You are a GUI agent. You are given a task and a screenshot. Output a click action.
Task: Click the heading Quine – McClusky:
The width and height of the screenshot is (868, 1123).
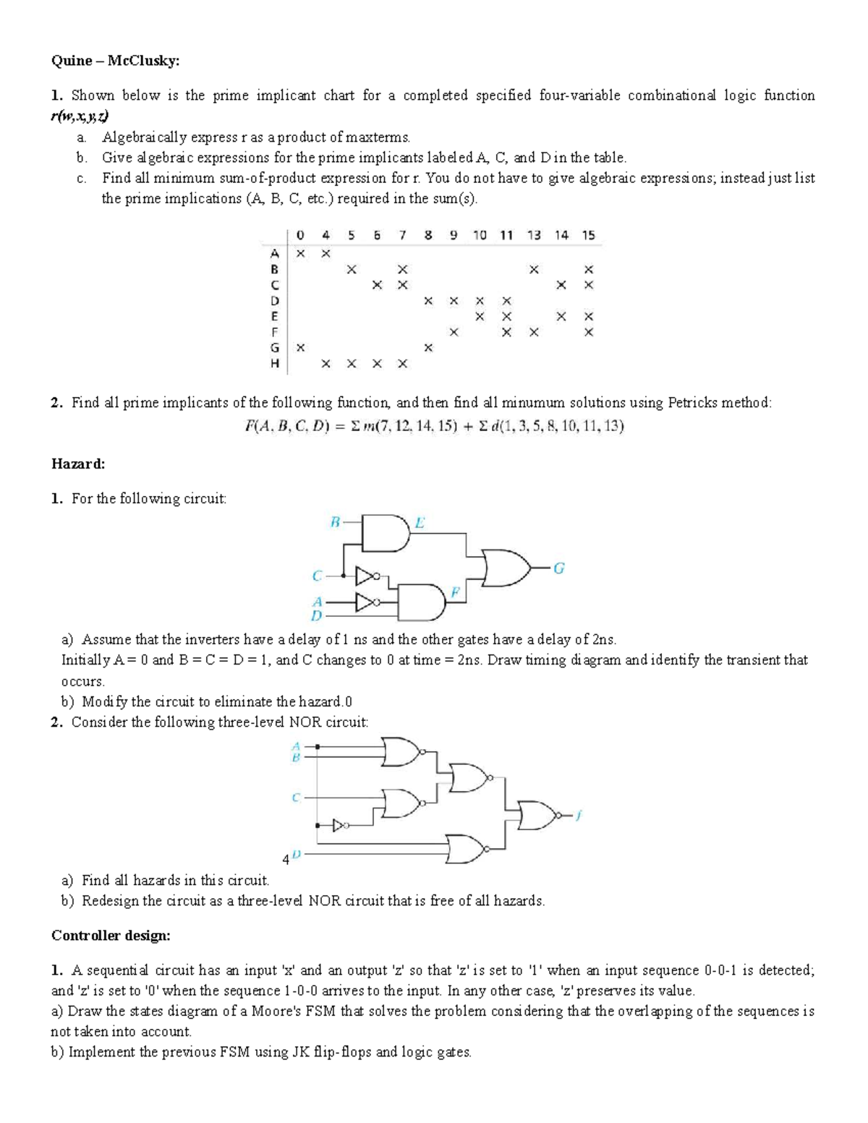point(114,61)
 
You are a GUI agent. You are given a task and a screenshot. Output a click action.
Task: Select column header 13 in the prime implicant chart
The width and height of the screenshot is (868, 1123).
point(534,235)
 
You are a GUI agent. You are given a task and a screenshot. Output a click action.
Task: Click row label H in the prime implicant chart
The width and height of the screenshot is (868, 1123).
point(274,364)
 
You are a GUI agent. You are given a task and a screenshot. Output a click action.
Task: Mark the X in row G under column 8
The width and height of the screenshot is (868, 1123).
point(428,348)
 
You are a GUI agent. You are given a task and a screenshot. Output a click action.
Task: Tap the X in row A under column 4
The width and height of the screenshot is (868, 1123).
point(325,253)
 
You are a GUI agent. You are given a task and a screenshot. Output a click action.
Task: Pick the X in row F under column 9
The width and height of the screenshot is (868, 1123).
point(454,332)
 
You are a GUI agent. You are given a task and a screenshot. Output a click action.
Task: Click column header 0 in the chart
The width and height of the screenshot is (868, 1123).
point(300,235)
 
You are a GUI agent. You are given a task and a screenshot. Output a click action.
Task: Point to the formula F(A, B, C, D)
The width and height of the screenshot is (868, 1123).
point(434,426)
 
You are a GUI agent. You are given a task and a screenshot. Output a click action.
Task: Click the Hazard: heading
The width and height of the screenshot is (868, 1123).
point(78,464)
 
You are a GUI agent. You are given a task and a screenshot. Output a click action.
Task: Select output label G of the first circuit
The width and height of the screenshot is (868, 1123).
point(558,568)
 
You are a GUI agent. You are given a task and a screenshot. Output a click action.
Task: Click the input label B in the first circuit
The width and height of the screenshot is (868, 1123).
point(335,521)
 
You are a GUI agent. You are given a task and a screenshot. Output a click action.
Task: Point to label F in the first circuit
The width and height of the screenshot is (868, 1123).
point(455,591)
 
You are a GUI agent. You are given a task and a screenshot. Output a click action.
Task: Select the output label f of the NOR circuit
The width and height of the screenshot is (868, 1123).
point(579,816)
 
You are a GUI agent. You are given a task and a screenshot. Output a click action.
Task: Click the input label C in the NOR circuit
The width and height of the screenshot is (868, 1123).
point(296,798)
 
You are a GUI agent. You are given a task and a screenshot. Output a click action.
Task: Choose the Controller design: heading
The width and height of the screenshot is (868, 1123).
point(111,936)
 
